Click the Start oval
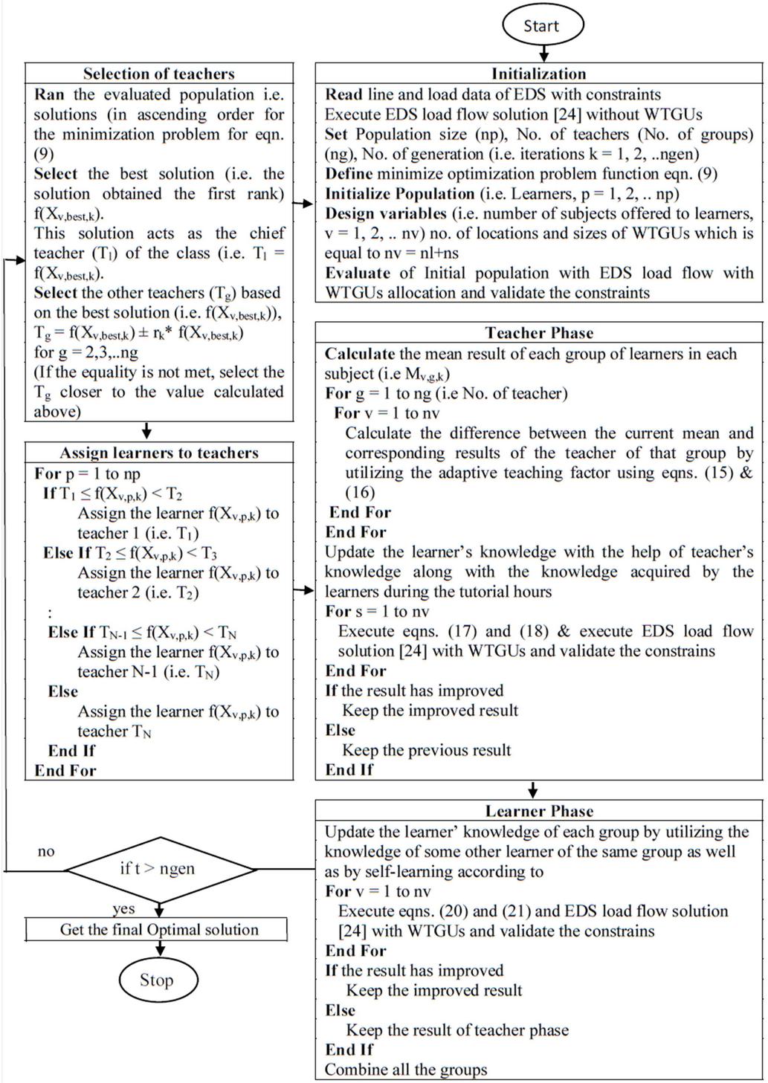542,25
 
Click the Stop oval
157,980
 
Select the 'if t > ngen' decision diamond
158,868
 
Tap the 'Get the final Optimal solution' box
158,930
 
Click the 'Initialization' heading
539,74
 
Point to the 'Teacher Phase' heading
539,332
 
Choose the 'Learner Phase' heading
539,811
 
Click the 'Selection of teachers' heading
158,74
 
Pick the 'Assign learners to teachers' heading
158,453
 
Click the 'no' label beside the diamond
46,852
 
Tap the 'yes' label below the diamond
123,909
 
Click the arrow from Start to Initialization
543,54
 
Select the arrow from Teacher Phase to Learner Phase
533,789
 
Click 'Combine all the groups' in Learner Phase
406,1070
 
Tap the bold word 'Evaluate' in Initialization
358,273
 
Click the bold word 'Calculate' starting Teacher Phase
360,354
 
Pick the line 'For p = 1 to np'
87,473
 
